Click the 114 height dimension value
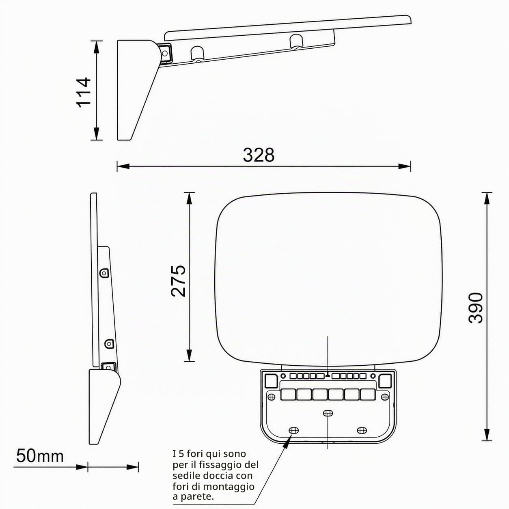(x=84, y=92)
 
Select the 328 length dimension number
(x=259, y=155)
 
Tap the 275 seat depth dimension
(x=179, y=281)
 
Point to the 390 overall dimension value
(x=475, y=308)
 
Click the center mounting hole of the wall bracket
(x=328, y=413)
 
